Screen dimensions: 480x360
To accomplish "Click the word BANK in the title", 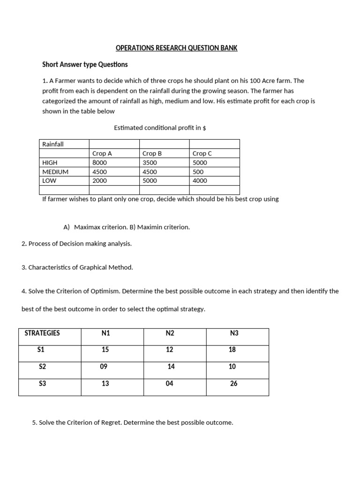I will pos(228,48).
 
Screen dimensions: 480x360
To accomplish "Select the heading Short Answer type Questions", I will pos(85,64).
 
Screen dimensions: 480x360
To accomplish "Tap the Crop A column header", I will pos(102,153).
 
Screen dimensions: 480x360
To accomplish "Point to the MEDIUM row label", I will pos(55,172).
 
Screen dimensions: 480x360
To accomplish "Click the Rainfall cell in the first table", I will pos(53,144).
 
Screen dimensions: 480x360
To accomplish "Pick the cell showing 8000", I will pos(100,163).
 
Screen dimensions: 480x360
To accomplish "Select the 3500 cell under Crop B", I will pos(150,163).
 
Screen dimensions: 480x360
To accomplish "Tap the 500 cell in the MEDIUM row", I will pos(198,172).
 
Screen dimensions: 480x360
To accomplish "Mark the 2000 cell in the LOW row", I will pos(100,180).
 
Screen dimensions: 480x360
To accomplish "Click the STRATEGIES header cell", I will pos(42,333).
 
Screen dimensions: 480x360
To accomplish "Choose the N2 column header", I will pos(170,333).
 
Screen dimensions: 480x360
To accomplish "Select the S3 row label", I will pos(43,383).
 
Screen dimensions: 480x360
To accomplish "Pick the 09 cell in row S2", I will pos(104,367).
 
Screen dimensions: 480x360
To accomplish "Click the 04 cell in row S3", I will pos(170,383).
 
